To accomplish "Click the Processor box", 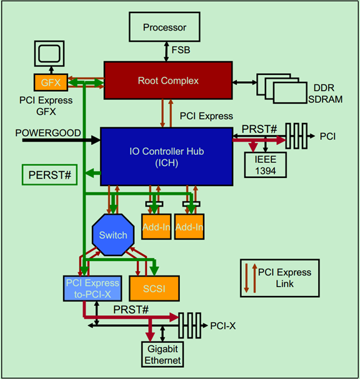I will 164,27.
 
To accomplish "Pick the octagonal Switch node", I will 113,235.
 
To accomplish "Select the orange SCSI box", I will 154,288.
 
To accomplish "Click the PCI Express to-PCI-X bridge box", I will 92,288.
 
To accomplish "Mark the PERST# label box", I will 49,175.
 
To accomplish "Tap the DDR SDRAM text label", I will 325,94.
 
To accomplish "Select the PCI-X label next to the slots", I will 223,325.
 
